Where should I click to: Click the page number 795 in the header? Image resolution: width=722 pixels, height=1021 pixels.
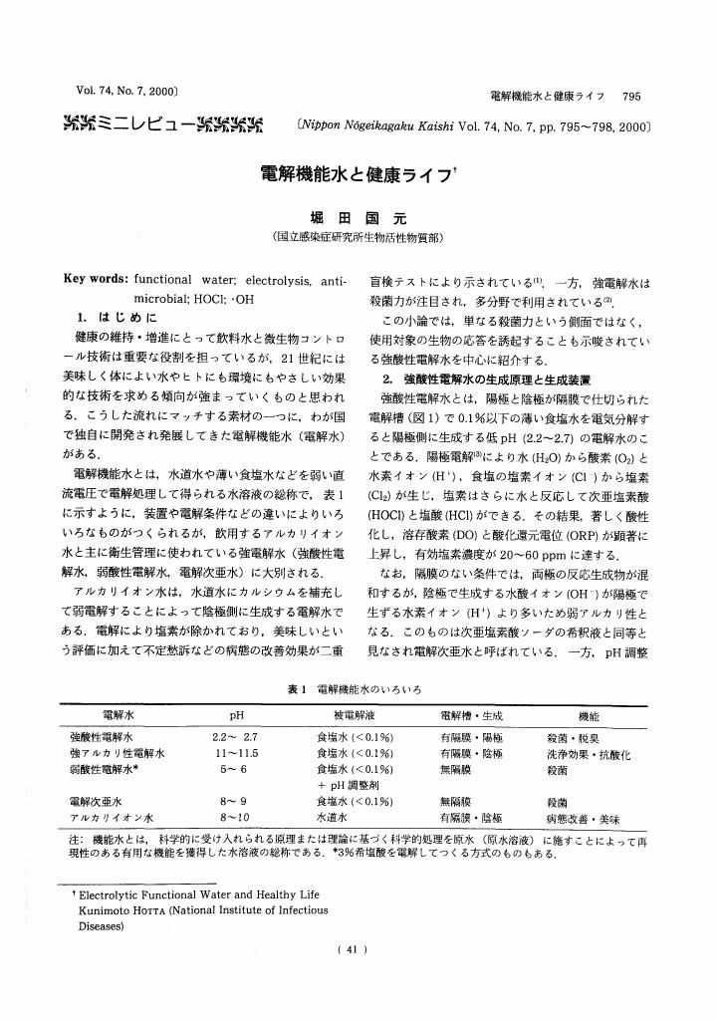coord(631,96)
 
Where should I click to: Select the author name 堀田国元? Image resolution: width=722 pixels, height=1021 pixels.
coord(361,219)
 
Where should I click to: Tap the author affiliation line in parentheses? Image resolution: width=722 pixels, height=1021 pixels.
coord(361,239)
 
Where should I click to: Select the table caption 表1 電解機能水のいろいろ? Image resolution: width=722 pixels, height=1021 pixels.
coord(361,689)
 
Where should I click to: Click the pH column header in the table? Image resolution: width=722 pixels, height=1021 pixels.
coord(236,716)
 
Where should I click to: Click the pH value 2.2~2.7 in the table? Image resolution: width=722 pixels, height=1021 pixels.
coord(236,738)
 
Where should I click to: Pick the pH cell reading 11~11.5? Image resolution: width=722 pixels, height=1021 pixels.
coord(236,754)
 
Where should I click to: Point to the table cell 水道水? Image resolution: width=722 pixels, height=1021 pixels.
coord(332,816)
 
